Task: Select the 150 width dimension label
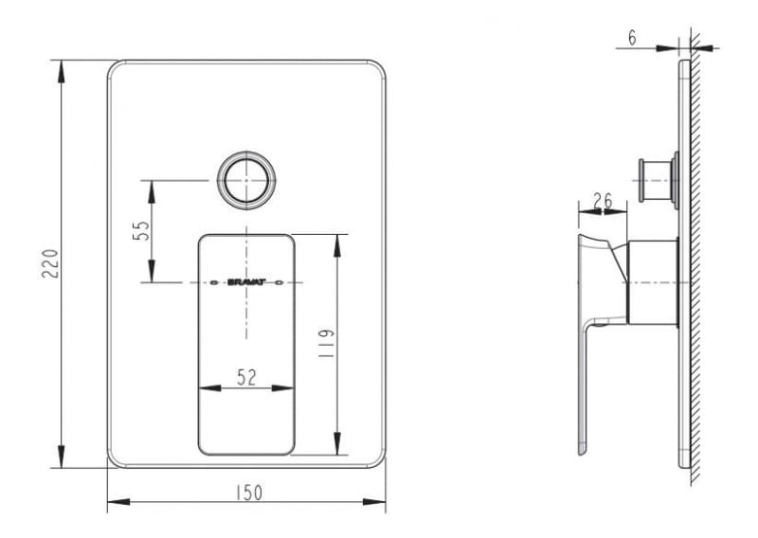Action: pyautogui.click(x=248, y=493)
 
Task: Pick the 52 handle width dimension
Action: pyautogui.click(x=247, y=377)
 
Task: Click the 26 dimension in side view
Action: pyautogui.click(x=602, y=201)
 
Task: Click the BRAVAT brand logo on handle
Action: pyautogui.click(x=246, y=282)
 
